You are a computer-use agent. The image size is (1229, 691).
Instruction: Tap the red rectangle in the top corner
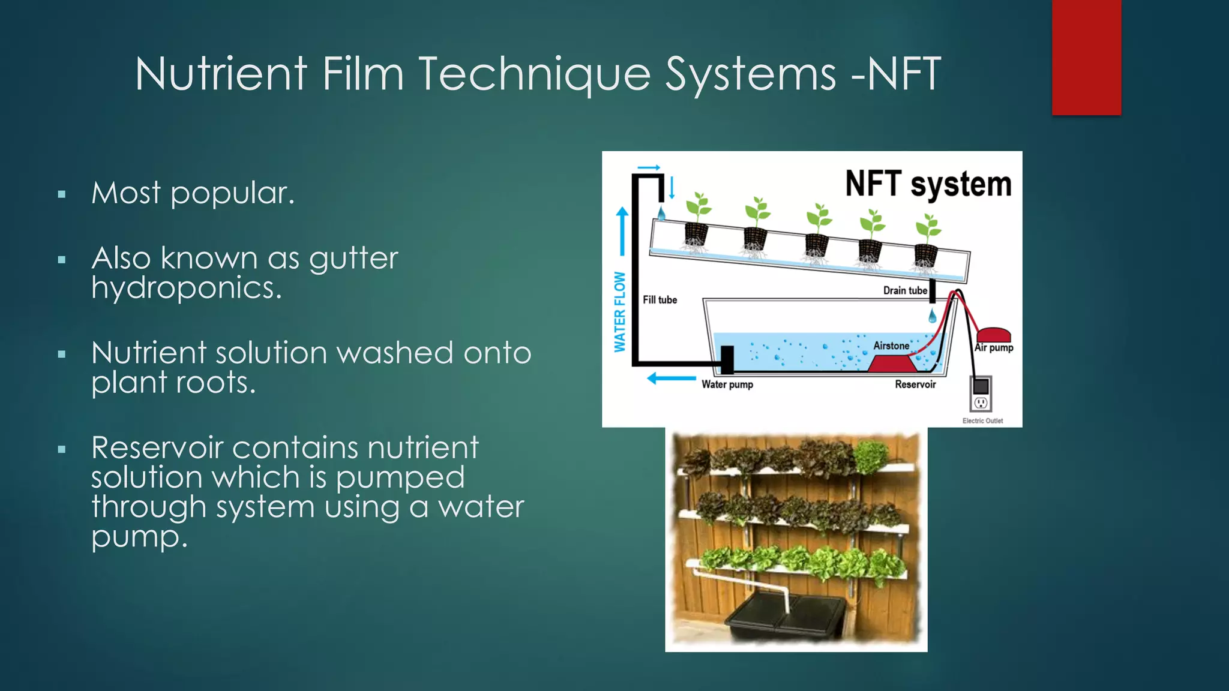[1086, 57]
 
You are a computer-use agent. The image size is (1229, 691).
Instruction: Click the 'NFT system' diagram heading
[928, 184]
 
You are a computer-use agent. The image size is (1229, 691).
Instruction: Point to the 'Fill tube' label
[660, 300]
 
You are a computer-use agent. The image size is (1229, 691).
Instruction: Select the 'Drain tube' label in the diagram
[905, 290]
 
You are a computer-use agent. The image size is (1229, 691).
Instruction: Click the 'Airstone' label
[891, 346]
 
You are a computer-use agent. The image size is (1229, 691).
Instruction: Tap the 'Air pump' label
[994, 347]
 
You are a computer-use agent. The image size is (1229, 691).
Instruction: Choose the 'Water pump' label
[727, 384]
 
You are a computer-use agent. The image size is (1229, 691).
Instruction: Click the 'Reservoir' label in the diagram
[915, 384]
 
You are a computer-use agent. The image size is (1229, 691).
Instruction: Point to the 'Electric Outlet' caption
[982, 420]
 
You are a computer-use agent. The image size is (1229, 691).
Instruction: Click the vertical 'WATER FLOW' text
[620, 312]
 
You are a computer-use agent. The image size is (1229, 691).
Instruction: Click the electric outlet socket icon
[981, 402]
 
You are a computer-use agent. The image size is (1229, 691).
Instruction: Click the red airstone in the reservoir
[892, 363]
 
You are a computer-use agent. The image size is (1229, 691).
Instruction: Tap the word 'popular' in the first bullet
[232, 194]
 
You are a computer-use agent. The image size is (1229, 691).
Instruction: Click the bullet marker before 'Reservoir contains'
[61, 449]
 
